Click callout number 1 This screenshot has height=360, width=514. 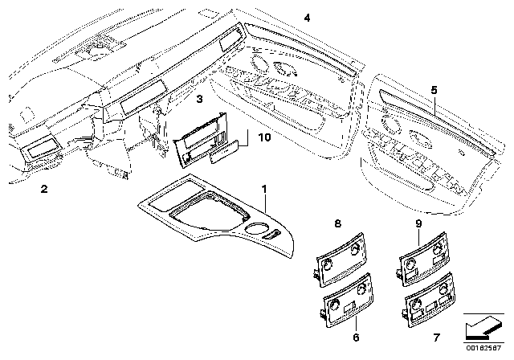point(264,189)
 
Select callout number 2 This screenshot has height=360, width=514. point(44,189)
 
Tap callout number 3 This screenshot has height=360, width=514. point(200,98)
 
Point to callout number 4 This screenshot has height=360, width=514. point(307,18)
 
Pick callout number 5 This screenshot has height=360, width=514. point(434,90)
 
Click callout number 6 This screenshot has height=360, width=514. point(356,337)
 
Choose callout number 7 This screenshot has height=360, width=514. point(436,337)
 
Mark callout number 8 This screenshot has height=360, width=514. point(337,223)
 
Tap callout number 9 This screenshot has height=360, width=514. point(418,223)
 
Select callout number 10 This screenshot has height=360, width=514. point(265,137)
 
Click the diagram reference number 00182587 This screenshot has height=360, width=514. point(483,348)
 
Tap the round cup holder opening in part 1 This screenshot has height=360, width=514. point(255,229)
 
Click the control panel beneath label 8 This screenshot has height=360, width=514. point(341,260)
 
